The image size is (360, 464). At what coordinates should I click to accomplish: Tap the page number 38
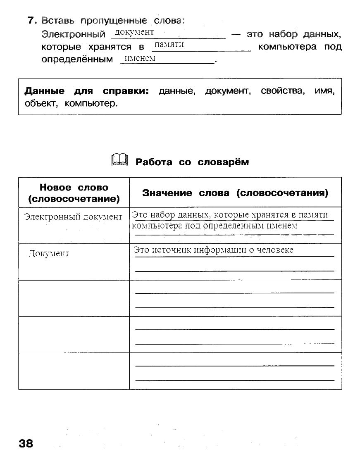tap(25, 444)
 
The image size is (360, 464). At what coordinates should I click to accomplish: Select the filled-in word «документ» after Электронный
tap(135, 32)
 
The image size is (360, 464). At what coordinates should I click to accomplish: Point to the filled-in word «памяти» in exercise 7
tap(168, 45)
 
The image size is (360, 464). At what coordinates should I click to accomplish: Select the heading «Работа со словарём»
tap(192, 162)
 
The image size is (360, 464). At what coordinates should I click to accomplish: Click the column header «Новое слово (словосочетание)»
tap(74, 193)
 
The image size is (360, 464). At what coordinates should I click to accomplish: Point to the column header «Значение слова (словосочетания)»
tap(235, 193)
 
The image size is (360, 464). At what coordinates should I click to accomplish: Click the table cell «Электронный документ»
tap(74, 217)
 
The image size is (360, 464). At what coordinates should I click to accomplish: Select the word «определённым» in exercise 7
tap(77, 59)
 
